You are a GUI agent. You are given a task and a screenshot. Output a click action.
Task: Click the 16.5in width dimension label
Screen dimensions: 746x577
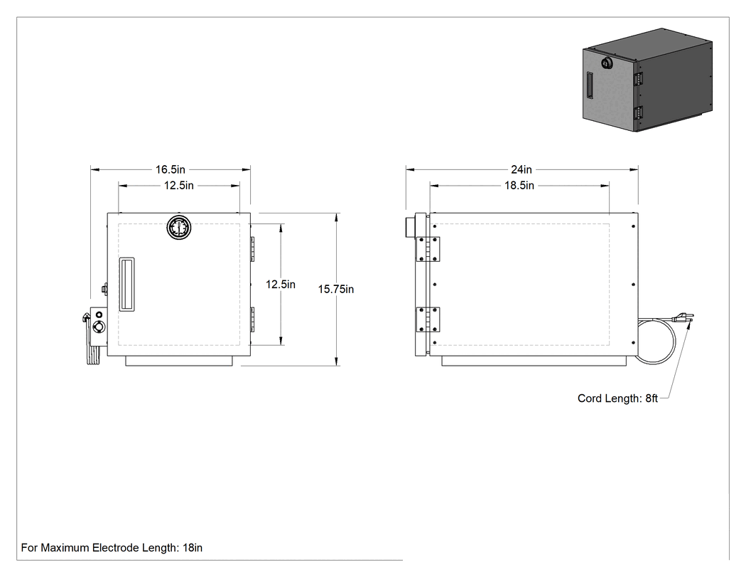click(171, 169)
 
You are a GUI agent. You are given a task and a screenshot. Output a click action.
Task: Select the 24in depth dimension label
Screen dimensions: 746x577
click(521, 169)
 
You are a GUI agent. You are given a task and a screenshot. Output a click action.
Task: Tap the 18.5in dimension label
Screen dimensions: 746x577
click(519, 186)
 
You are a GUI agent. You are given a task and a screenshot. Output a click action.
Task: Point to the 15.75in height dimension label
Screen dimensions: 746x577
click(336, 290)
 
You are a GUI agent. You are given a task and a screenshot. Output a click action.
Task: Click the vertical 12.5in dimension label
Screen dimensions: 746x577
click(280, 285)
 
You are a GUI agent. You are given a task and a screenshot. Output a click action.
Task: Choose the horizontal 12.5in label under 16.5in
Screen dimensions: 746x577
click(179, 186)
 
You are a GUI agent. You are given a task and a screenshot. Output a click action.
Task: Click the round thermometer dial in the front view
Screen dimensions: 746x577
click(179, 227)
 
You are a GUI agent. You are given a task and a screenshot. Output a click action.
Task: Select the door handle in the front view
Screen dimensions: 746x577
click(126, 285)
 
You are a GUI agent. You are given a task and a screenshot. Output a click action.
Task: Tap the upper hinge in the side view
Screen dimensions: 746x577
click(428, 249)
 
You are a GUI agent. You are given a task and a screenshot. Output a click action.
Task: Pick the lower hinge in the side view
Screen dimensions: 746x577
click(428, 319)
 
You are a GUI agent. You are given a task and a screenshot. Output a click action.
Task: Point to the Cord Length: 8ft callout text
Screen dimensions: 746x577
click(617, 398)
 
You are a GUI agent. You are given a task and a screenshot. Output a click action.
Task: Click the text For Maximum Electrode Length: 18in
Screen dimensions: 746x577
click(112, 548)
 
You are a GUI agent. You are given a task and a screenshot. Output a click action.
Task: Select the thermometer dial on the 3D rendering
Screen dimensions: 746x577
click(607, 63)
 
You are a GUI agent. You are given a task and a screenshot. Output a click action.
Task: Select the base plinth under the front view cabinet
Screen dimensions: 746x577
click(179, 361)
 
